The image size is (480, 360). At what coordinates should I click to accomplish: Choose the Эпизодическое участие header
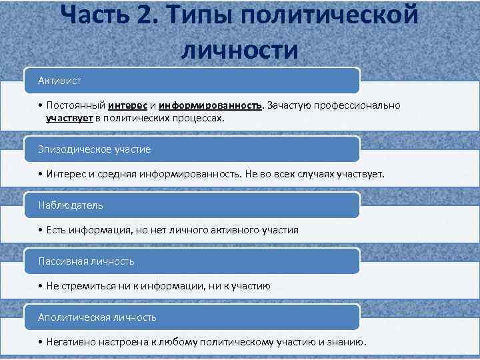pyautogui.click(x=94, y=149)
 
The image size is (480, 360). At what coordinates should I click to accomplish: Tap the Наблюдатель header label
pyautogui.click(x=71, y=205)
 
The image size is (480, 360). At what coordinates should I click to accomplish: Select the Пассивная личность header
pyautogui.click(x=86, y=261)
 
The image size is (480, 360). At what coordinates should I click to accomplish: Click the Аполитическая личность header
pyautogui.click(x=97, y=317)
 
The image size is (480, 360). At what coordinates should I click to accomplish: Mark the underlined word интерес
pyautogui.click(x=128, y=106)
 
